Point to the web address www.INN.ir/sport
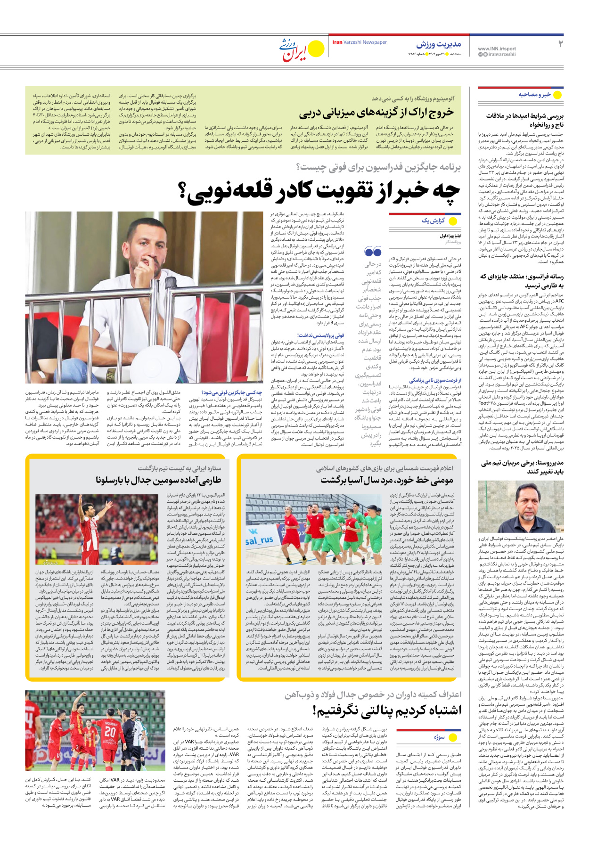click(x=497, y=49)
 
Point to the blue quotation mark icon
click(x=373, y=252)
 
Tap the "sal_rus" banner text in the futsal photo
click(x=259, y=540)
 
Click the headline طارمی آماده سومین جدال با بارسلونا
click(x=158, y=480)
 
